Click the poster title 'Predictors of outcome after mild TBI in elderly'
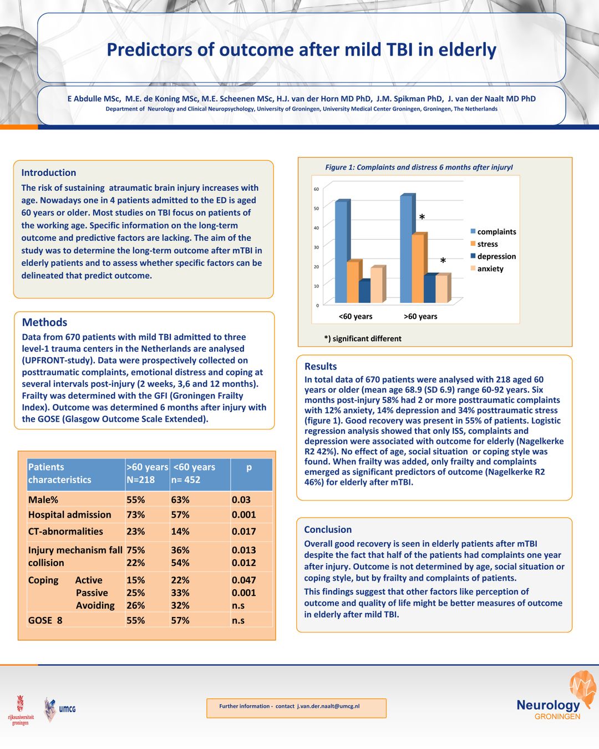click(x=301, y=50)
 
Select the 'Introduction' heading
click(x=49, y=173)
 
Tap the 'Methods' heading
click(x=44, y=322)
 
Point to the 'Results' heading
click(x=321, y=366)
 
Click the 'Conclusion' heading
click(x=328, y=529)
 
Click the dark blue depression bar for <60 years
click(x=364, y=292)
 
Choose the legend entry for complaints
click(x=496, y=232)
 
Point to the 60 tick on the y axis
click(x=316, y=189)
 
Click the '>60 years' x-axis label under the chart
click(x=420, y=317)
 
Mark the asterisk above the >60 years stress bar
click(x=422, y=217)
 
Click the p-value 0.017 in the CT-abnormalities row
click(x=244, y=532)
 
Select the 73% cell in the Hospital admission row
click(x=136, y=515)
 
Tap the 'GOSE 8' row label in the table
click(x=45, y=620)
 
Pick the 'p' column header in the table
click(x=249, y=467)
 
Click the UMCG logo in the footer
click(x=60, y=709)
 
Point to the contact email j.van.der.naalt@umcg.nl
click(x=328, y=706)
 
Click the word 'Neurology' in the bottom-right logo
click(x=548, y=705)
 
